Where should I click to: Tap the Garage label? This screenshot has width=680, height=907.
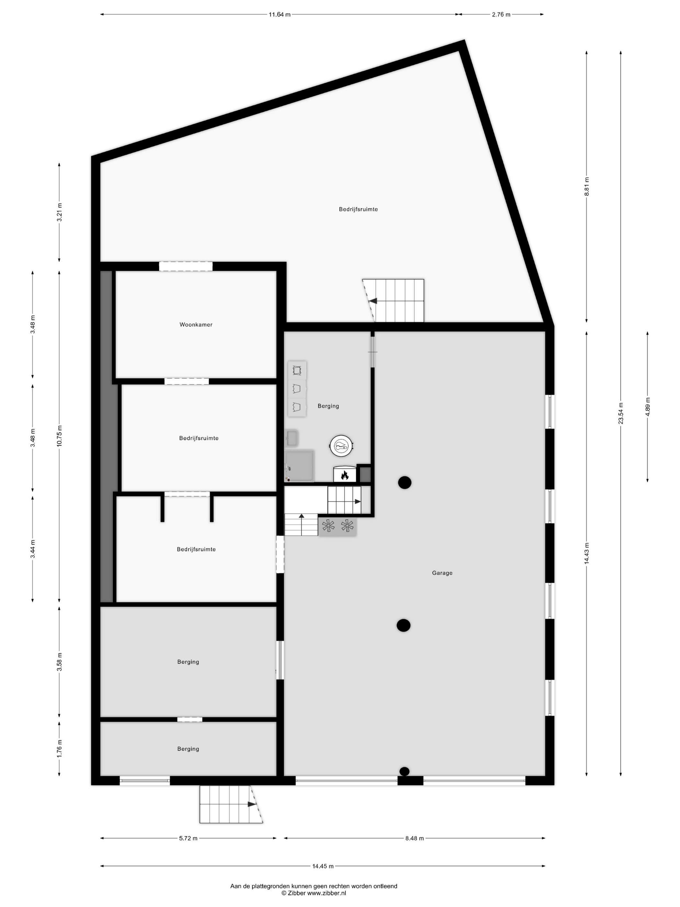point(442,573)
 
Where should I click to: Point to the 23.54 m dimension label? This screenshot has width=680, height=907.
point(620,413)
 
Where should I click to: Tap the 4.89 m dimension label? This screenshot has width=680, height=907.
point(648,407)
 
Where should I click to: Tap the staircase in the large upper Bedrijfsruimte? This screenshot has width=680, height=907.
point(393,301)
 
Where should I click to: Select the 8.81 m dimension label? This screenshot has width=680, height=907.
point(586,186)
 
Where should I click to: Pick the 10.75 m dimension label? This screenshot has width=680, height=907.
point(60,436)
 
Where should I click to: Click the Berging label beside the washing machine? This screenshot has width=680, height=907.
point(328,406)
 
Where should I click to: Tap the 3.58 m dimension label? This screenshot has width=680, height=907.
point(60,662)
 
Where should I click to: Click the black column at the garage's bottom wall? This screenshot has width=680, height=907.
point(404,771)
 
